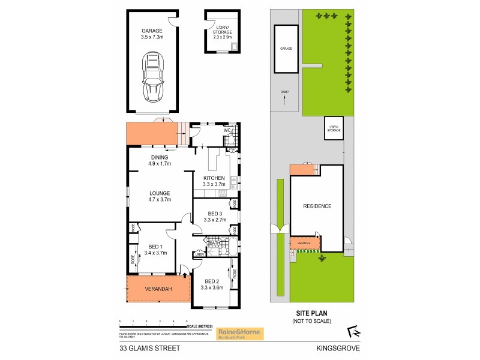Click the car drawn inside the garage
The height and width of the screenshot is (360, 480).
152,76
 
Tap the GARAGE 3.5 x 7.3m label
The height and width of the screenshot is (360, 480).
152,34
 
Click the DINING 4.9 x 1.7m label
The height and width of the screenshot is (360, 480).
160,160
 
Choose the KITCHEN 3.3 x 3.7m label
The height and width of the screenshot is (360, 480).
214,181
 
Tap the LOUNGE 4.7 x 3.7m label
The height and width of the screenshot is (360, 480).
160,196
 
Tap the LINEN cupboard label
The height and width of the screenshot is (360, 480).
200,254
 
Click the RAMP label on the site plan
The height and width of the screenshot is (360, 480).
285,92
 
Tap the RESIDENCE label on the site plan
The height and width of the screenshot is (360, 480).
317,206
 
